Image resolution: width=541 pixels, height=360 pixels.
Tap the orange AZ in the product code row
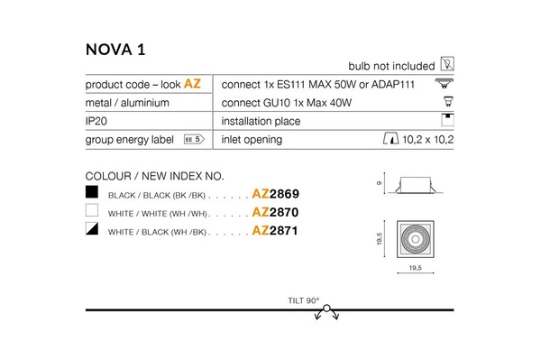(192, 83)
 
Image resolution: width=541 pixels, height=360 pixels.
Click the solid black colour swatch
(91, 193)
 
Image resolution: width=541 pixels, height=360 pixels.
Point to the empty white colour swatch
(91, 212)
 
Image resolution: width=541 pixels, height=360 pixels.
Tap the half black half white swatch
(91, 231)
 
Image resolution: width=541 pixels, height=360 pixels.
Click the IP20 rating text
(97, 121)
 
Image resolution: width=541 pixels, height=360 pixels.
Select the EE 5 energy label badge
(194, 140)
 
